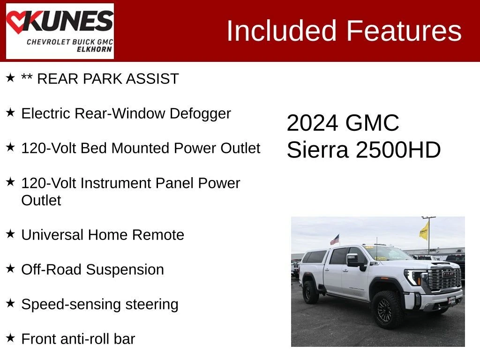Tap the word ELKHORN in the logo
point(94,49)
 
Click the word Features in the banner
point(404,30)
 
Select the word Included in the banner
point(281,30)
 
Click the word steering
point(151,305)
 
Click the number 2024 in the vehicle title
point(313,123)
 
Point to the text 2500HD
point(398,150)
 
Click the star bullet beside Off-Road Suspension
point(10,269)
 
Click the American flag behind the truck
point(335,240)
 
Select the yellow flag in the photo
point(424,231)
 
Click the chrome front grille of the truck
point(444,278)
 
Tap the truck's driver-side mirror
point(353,260)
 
